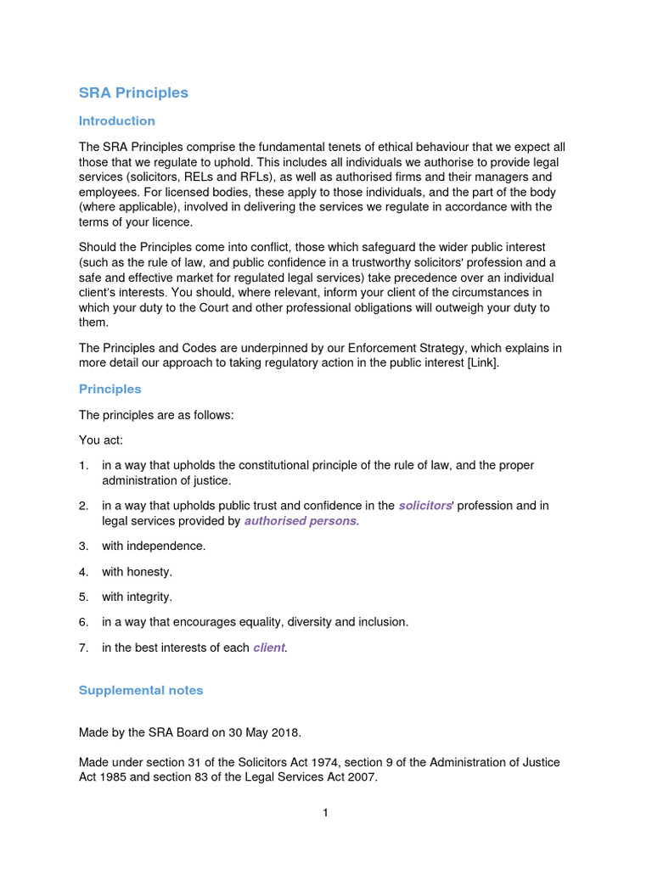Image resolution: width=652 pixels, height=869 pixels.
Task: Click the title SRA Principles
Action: pyautogui.click(x=133, y=93)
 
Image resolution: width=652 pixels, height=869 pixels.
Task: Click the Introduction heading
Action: pyautogui.click(x=117, y=121)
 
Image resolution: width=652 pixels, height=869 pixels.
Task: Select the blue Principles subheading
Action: pyautogui.click(x=110, y=389)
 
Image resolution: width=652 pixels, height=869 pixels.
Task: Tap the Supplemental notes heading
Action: pyautogui.click(x=141, y=690)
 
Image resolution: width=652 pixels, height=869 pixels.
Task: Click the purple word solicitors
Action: pyautogui.click(x=425, y=506)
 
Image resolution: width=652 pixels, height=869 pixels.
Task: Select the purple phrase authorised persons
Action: pyautogui.click(x=301, y=521)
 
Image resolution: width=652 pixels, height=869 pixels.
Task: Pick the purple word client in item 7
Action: pyautogui.click(x=269, y=648)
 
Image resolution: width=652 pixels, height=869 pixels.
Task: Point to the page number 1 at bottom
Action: pyautogui.click(x=325, y=813)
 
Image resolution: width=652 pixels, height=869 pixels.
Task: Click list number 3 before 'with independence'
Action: pyautogui.click(x=83, y=546)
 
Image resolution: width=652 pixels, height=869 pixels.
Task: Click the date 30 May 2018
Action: pyautogui.click(x=259, y=732)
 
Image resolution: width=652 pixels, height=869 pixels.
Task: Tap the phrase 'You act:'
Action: pyautogui.click(x=101, y=440)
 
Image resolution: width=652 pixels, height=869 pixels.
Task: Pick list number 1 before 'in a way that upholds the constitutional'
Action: pyautogui.click(x=83, y=465)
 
